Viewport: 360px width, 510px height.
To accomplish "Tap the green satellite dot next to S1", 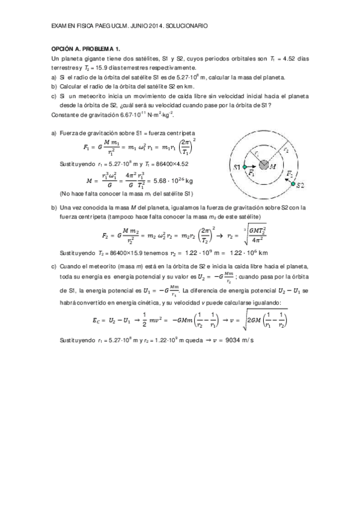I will coord(245,165).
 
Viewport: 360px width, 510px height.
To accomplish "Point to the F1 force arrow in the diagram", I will coord(252,172).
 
